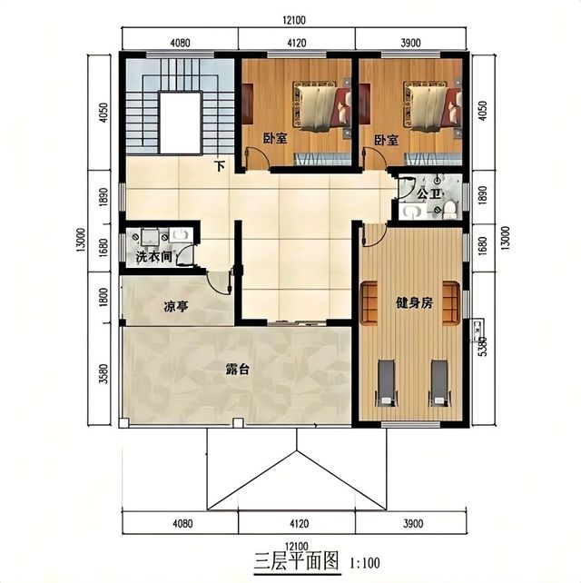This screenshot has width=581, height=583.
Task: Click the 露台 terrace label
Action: tap(238, 370)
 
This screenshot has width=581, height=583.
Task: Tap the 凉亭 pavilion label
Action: tap(176, 307)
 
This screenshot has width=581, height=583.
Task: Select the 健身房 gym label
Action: tap(414, 303)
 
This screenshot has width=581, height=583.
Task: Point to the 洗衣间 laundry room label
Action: tap(153, 257)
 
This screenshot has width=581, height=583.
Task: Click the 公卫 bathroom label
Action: tap(429, 193)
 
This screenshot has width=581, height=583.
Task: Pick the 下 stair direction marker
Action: tap(220, 166)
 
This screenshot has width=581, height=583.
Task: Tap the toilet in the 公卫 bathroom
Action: tap(450, 210)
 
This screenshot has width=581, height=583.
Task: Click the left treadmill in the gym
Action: tap(386, 382)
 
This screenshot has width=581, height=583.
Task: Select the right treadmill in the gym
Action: tap(439, 382)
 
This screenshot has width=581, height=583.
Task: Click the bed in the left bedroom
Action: tap(322, 105)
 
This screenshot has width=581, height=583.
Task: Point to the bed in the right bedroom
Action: tap(433, 105)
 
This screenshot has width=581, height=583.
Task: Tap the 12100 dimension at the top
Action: tap(294, 20)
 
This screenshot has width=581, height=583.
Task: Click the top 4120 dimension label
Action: tap(297, 43)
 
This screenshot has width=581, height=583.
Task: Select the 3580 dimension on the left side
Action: tap(103, 373)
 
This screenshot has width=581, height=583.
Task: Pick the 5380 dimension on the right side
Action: tap(483, 346)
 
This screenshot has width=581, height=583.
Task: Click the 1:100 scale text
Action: tap(365, 562)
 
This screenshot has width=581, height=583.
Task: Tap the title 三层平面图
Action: tap(297, 561)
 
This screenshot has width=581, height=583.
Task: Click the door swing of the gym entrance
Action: tap(374, 236)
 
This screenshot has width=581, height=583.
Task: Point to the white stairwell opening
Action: tap(181, 123)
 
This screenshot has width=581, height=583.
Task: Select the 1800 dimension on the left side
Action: tap(103, 297)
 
